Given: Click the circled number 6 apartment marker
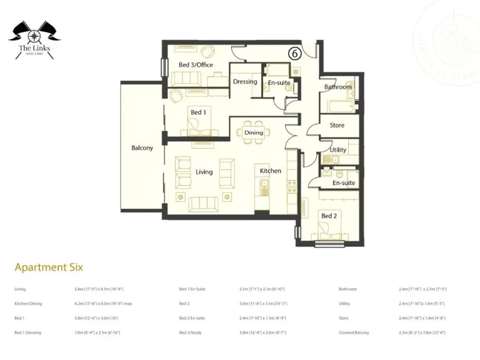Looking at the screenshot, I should (x=294, y=54).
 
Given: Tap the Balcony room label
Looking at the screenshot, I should (x=142, y=148).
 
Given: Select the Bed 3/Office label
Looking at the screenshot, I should (x=196, y=65).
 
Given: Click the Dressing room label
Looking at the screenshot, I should (x=245, y=82).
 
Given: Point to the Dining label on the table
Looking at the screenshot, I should (x=254, y=132).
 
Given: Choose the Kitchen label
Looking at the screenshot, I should (x=271, y=171).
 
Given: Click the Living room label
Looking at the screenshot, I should (x=204, y=172).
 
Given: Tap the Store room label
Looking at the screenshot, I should (x=337, y=126).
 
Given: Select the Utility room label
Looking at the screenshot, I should (x=338, y=150).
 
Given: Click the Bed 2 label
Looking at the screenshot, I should (x=329, y=216).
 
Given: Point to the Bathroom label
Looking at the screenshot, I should (x=337, y=87).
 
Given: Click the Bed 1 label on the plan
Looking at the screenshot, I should (x=198, y=112).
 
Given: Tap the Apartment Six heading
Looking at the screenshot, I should (x=49, y=267).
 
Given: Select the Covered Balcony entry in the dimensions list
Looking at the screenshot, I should (x=354, y=332).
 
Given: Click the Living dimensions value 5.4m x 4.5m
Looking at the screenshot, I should (x=99, y=289).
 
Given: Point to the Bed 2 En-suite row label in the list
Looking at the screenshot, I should (x=192, y=318).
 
